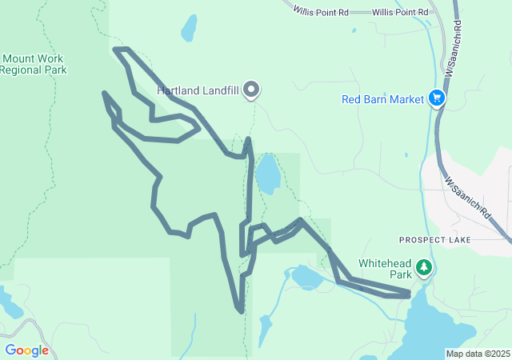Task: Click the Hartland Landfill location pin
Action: click(251, 90)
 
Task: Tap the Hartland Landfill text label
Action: click(198, 90)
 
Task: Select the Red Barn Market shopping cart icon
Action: click(437, 98)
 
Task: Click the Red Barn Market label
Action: click(382, 99)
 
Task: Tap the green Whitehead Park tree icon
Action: click(423, 268)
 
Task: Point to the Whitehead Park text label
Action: click(383, 268)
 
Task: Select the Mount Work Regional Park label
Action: click(33, 64)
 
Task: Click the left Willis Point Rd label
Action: click(321, 12)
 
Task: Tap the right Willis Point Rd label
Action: click(400, 12)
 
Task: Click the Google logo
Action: click(26, 350)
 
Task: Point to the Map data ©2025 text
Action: click(478, 354)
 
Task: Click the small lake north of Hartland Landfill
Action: click(189, 29)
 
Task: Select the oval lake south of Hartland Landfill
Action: click(267, 174)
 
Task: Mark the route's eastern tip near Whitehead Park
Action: click(408, 294)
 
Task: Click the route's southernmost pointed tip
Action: click(239, 309)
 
